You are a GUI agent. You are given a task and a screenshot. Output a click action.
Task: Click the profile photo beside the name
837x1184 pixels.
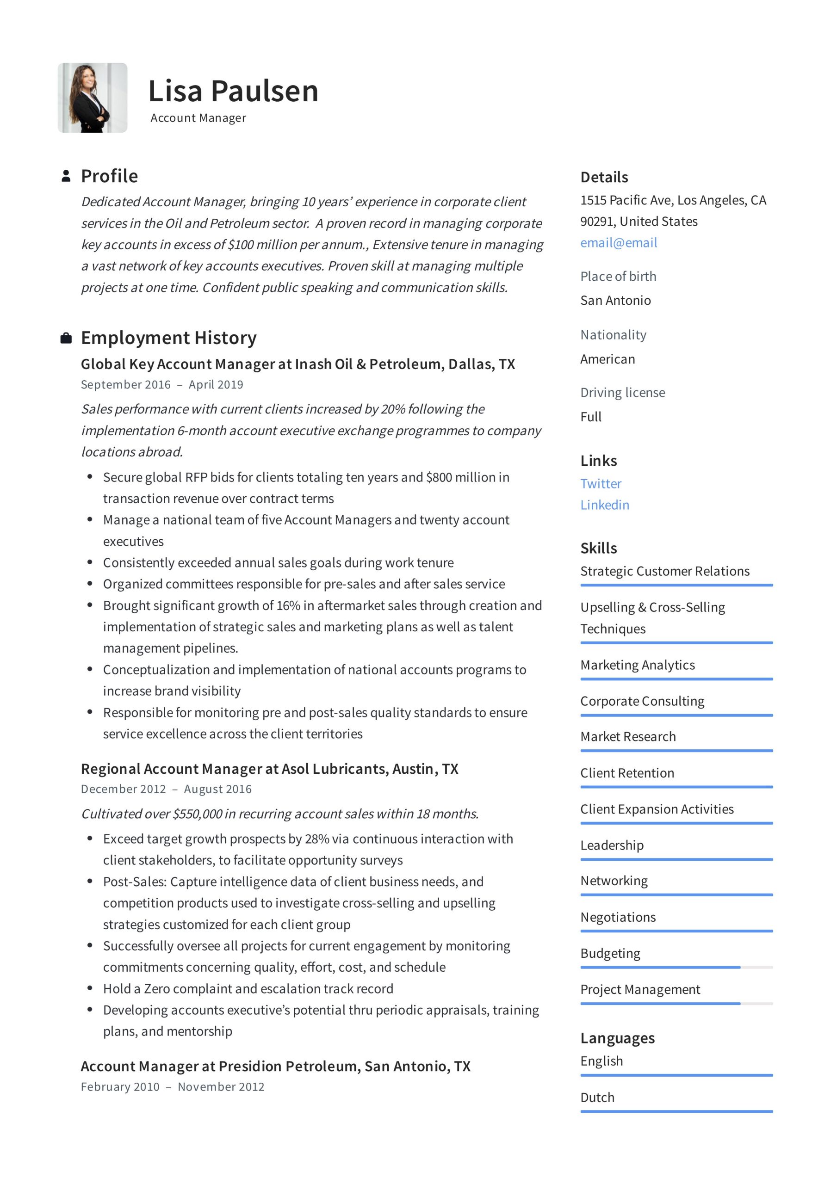pos(93,98)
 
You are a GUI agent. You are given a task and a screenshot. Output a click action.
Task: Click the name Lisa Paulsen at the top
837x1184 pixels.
pos(233,91)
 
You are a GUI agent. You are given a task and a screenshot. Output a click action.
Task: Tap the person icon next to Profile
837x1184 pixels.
pos(66,176)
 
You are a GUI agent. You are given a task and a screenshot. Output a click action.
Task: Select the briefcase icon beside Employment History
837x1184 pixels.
pos(66,338)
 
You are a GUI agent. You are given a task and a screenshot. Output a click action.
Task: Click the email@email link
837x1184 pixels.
pos(618,243)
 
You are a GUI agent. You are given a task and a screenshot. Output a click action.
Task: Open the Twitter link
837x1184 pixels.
pos(601,484)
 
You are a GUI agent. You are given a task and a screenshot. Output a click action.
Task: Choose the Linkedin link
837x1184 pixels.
pos(604,505)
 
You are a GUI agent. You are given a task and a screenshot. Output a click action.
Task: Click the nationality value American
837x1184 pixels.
pos(608,359)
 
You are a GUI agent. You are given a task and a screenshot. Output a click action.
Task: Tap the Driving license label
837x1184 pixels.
pos(622,393)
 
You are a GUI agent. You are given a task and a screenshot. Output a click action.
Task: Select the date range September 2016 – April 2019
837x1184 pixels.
pos(161,385)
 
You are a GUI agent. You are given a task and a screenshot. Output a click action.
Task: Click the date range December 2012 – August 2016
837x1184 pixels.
pos(166,789)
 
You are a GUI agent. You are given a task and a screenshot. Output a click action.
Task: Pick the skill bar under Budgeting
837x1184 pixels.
pos(676,968)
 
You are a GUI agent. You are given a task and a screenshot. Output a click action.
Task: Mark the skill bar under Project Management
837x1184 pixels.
pos(676,1004)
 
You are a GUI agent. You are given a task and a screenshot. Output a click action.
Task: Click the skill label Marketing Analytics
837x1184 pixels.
pos(637,665)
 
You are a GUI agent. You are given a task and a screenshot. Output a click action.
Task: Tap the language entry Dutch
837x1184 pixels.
pos(597,1098)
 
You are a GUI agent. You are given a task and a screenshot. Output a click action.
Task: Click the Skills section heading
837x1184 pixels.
pos(598,548)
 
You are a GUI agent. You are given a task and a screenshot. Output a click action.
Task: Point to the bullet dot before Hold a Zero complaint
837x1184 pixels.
pos(90,988)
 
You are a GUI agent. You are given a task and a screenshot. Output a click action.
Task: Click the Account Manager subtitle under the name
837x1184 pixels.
pos(198,118)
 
